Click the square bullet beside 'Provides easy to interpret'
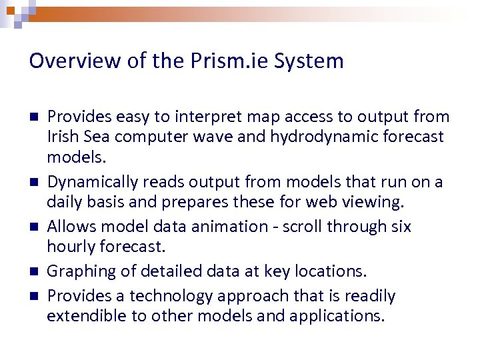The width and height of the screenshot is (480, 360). point(33,117)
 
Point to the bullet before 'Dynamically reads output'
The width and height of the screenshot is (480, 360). point(33,182)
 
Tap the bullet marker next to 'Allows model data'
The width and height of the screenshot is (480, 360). point(33,227)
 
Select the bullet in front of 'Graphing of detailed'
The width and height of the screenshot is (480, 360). point(33,272)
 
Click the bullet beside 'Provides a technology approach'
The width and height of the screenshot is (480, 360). point(33,295)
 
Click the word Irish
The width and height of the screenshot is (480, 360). point(61,137)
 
